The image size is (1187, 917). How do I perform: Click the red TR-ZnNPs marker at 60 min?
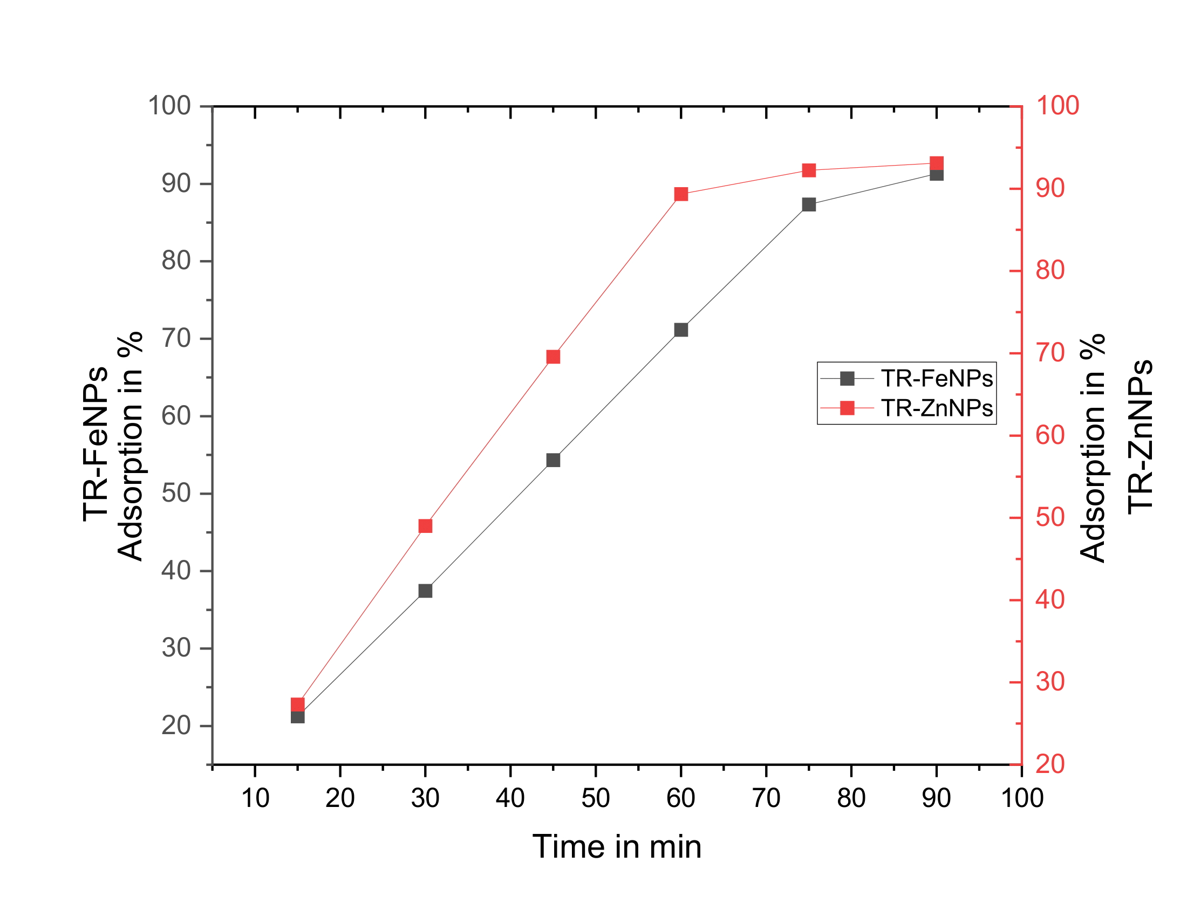click(x=681, y=194)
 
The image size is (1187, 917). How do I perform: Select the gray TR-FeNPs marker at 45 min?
click(x=553, y=460)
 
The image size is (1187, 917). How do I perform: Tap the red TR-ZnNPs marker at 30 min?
click(x=426, y=526)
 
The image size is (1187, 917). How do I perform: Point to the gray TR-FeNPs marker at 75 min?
click(x=809, y=204)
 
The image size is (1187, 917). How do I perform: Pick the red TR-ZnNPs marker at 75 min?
click(x=809, y=170)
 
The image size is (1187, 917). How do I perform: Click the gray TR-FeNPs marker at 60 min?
click(x=681, y=330)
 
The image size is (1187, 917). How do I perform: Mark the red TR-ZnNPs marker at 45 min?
click(x=553, y=357)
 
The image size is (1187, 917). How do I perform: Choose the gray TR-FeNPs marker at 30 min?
click(x=426, y=591)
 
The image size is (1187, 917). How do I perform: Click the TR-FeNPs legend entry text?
click(x=937, y=379)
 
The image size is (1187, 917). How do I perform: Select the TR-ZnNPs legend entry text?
click(x=937, y=408)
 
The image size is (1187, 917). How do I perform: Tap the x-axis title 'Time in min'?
click(x=617, y=847)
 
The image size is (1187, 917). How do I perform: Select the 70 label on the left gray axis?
click(x=176, y=338)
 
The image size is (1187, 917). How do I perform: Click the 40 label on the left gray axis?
click(x=176, y=571)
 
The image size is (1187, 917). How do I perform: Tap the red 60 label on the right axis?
click(x=1050, y=435)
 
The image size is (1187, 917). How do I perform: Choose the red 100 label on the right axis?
click(x=1058, y=105)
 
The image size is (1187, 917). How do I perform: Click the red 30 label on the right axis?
click(x=1050, y=682)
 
